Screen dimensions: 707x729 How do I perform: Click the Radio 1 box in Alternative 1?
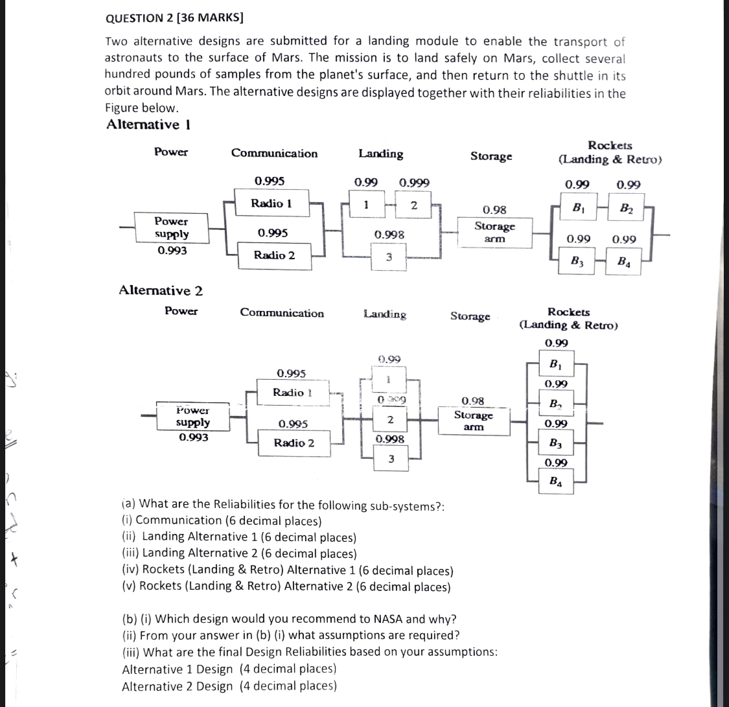(x=272, y=203)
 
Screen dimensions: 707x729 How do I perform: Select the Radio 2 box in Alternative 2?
(x=294, y=443)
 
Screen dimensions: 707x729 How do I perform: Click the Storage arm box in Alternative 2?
(x=473, y=421)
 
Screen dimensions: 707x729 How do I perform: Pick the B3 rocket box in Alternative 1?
(x=575, y=262)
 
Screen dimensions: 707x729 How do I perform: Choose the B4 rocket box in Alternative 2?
(x=555, y=481)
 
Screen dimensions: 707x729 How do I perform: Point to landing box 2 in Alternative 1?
(x=414, y=206)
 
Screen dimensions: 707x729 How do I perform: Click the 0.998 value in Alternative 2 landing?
(x=390, y=439)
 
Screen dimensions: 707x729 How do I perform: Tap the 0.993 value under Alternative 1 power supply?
(x=172, y=250)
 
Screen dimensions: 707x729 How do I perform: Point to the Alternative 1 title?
(x=148, y=124)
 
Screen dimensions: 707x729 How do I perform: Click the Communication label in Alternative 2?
(x=282, y=313)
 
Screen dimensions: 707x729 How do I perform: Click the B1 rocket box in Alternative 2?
(x=555, y=364)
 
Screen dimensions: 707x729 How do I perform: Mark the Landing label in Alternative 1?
(x=380, y=154)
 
